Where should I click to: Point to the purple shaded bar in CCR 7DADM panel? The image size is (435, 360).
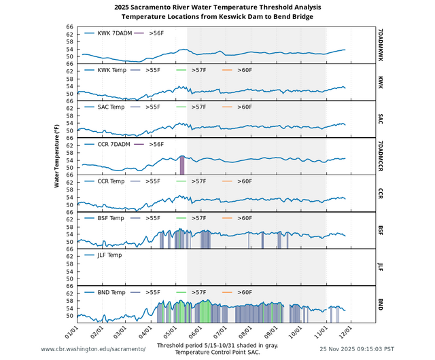181,165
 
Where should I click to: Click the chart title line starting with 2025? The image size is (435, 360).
218,7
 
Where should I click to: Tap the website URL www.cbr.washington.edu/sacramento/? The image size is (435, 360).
93,348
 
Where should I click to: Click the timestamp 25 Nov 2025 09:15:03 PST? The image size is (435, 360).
357,348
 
